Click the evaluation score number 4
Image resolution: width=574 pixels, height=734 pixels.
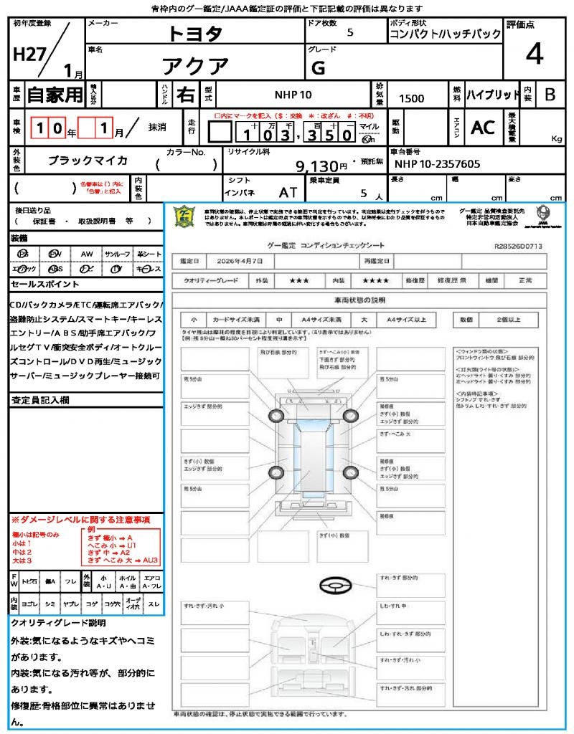pos(534,54)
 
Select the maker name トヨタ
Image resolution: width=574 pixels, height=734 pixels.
pos(195,34)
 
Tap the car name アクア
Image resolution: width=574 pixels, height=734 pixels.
pos(195,67)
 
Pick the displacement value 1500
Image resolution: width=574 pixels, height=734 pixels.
pos(411,98)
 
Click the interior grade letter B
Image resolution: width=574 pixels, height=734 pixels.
pos(550,95)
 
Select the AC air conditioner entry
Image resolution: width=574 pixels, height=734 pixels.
pos(483,128)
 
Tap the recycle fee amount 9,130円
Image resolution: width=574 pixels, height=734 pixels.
pos(322,166)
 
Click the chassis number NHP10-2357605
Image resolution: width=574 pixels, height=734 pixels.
pos(437,164)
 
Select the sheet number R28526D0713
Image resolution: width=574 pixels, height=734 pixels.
pos(518,246)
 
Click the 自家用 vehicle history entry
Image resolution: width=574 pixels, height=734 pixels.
pos(55,95)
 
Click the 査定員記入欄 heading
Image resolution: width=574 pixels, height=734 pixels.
pos(39,399)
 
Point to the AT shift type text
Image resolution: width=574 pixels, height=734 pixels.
pos(288,193)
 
